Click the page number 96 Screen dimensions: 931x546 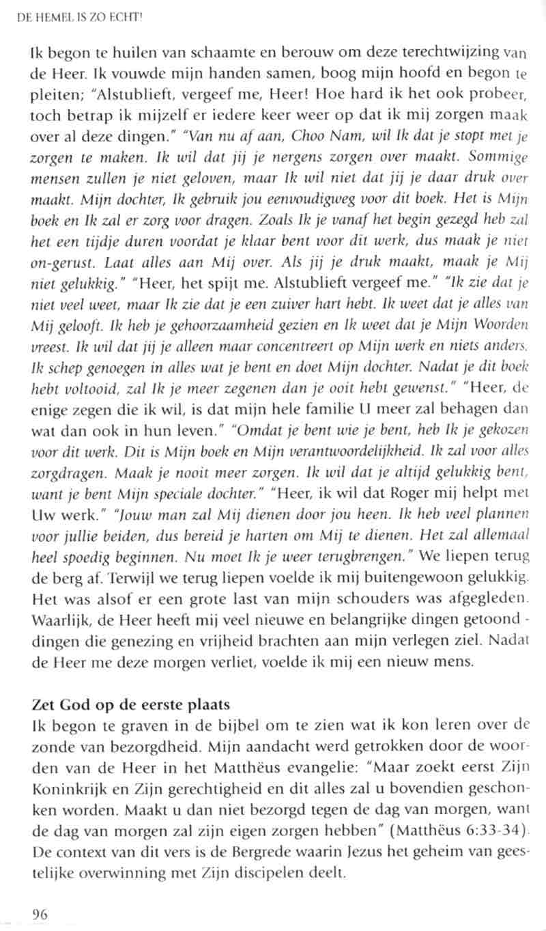(x=40, y=914)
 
